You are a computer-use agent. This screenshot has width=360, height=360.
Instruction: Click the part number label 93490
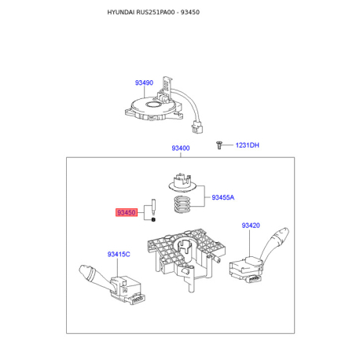point(144,83)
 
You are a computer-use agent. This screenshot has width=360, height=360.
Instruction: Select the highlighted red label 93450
point(127,212)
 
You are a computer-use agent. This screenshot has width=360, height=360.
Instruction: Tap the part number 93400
point(181,149)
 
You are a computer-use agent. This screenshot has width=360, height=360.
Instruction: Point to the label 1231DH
point(247,145)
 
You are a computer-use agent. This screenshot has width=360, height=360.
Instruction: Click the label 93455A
point(223,197)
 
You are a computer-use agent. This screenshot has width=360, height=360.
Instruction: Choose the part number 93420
point(251,226)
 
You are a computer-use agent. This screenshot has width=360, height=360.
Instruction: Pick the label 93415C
point(119,255)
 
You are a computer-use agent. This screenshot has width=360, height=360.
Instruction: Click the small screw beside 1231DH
point(219,145)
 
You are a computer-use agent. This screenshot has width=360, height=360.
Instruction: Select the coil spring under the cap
point(182,204)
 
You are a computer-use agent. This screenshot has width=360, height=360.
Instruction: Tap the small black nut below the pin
point(153,219)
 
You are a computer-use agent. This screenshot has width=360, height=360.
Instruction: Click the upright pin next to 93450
point(153,207)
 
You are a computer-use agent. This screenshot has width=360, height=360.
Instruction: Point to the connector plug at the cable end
point(197,127)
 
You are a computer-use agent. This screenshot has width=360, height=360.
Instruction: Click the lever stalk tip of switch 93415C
point(84,270)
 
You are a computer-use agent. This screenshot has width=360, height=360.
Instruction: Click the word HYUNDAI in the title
point(121,13)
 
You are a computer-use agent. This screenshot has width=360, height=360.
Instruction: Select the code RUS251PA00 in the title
point(156,13)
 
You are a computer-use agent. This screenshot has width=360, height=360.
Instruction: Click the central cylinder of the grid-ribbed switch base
point(186,248)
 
